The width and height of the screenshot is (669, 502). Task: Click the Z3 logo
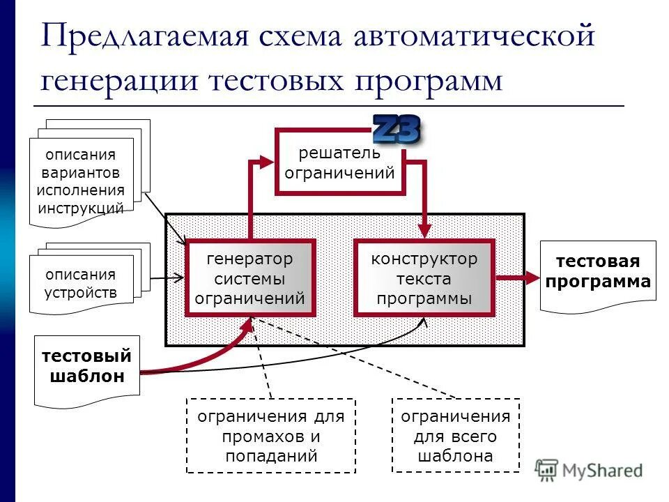pyautogui.click(x=397, y=129)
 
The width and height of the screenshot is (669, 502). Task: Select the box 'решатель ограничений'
pyautogui.click(x=339, y=164)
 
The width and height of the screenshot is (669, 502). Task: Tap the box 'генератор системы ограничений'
pyautogui.click(x=249, y=278)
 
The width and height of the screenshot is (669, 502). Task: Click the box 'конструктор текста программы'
pyautogui.click(x=424, y=278)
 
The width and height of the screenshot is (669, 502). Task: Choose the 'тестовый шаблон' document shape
pyautogui.click(x=86, y=367)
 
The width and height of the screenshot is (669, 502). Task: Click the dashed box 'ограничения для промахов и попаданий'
pyautogui.click(x=270, y=436)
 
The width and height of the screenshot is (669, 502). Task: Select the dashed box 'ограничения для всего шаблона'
pyautogui.click(x=455, y=436)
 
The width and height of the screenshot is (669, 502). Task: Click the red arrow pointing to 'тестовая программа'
pyautogui.click(x=519, y=278)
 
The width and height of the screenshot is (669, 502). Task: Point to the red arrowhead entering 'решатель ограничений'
pyautogui.click(x=269, y=162)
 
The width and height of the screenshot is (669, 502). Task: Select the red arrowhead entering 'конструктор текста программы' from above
pyautogui.click(x=424, y=231)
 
